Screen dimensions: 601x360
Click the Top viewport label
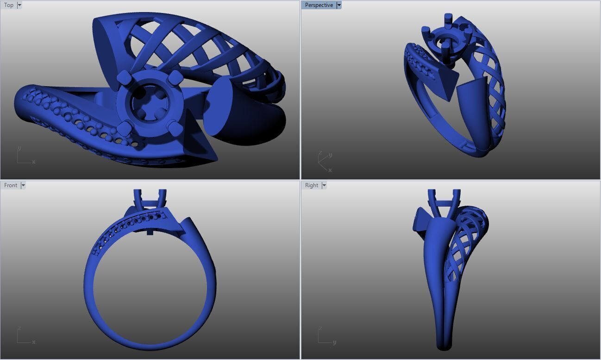click(x=9, y=5)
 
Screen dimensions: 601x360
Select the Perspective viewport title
click(x=319, y=5)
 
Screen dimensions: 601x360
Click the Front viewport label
click(x=10, y=185)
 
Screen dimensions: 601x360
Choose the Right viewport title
click(x=311, y=185)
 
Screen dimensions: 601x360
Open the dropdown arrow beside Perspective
click(x=339, y=5)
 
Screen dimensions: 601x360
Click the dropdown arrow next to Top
click(x=19, y=5)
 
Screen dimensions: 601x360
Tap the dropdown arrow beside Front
click(x=23, y=185)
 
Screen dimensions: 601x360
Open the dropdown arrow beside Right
click(x=324, y=185)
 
